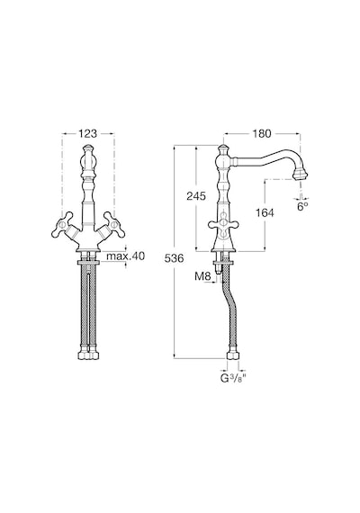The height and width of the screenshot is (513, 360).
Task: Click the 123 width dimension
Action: click(x=87, y=133)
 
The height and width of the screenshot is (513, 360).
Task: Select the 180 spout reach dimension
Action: click(x=262, y=133)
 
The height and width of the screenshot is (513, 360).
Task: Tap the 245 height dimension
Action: click(x=196, y=196)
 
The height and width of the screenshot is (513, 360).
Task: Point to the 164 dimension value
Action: click(x=265, y=212)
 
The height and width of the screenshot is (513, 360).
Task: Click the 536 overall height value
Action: click(x=174, y=258)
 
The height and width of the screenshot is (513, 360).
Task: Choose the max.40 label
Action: click(x=125, y=256)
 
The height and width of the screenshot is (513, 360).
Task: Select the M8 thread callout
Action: click(x=202, y=276)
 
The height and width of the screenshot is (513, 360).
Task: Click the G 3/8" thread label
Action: click(x=233, y=378)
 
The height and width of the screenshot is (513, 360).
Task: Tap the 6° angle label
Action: click(x=302, y=206)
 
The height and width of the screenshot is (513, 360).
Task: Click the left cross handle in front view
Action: click(x=64, y=224)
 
